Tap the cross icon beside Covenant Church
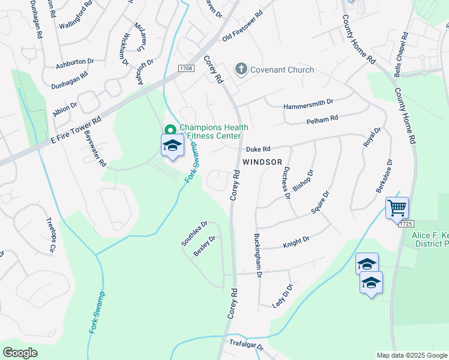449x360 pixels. (x=241, y=69)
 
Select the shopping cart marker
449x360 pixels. (x=397, y=209)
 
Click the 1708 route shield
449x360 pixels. (x=185, y=69)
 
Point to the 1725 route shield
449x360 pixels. (x=406, y=223)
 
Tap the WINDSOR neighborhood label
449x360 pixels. (x=262, y=162)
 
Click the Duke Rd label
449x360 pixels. (x=258, y=149)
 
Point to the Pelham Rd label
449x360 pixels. (x=322, y=118)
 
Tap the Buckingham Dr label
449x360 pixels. (x=258, y=255)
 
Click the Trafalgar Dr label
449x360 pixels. (x=247, y=345)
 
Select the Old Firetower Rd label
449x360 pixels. (x=243, y=26)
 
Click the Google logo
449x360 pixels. (x=20, y=352)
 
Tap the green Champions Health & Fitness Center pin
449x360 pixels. (x=170, y=130)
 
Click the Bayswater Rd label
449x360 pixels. (x=95, y=149)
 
